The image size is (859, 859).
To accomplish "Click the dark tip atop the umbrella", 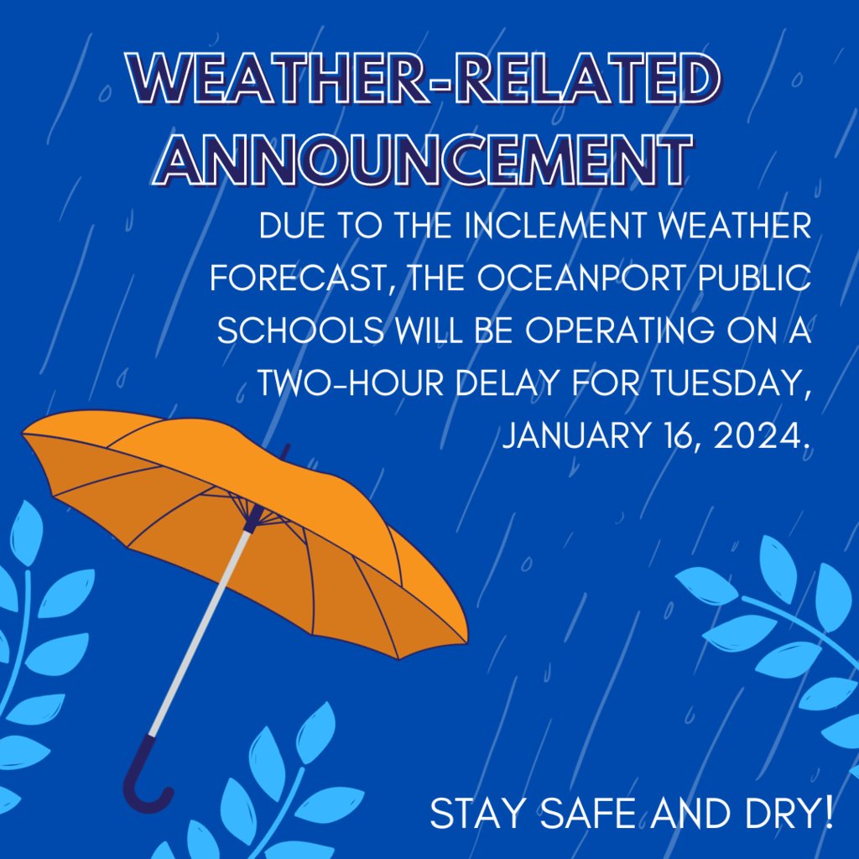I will coord(285,452).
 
